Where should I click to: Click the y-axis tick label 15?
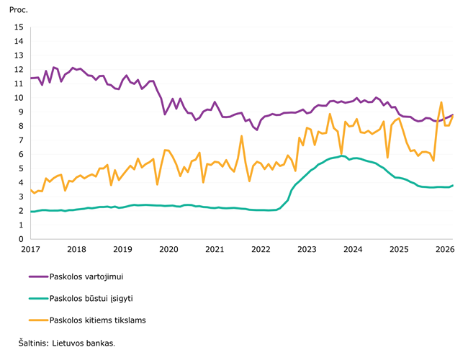pyautogui.click(x=19, y=27)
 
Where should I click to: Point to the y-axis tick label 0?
pyautogui.click(x=21, y=239)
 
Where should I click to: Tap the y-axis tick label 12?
pyautogui.click(x=19, y=70)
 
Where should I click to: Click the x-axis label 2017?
pyautogui.click(x=30, y=250)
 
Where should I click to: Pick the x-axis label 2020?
pyautogui.click(x=168, y=250)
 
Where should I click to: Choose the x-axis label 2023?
pyautogui.click(x=307, y=250)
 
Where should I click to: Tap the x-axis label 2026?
pyautogui.click(x=445, y=250)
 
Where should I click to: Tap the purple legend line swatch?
pyautogui.click(x=37, y=276)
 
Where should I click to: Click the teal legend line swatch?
pyautogui.click(x=37, y=298)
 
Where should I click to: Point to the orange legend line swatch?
pyautogui.click(x=37, y=320)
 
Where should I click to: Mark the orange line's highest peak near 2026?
pyautogui.click(x=441, y=102)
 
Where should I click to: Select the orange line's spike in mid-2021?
pyautogui.click(x=242, y=136)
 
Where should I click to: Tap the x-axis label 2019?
pyautogui.click(x=122, y=250)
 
